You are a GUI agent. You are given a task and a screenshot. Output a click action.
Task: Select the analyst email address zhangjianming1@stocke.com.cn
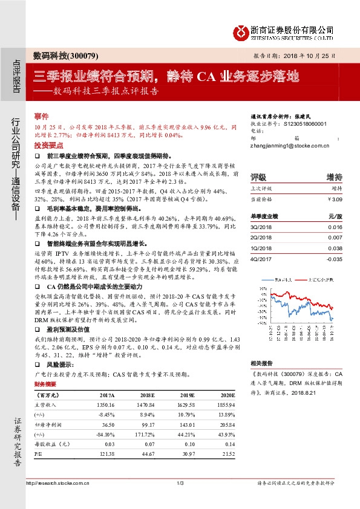click(x=289, y=145)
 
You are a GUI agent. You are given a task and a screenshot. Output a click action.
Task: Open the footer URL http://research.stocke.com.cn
click(x=53, y=482)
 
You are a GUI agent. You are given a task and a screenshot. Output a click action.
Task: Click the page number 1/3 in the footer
click(x=180, y=482)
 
